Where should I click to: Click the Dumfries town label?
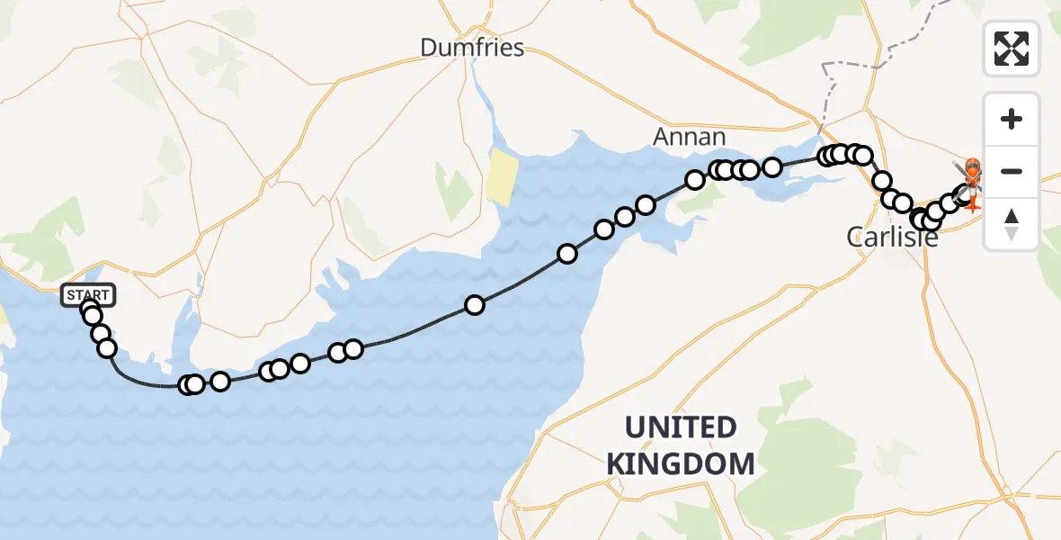pos(472,48)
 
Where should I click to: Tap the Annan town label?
pos(689,137)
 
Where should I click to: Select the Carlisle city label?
pos(893,238)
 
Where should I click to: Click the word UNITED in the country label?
pos(681,427)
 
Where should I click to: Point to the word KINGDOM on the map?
pos(681,463)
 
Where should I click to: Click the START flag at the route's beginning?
pos(88,294)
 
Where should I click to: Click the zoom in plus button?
pos(1012,120)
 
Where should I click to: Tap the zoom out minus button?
pos(1012,171)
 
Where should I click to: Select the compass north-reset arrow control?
pos(1012,223)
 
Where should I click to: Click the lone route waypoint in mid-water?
pos(475,305)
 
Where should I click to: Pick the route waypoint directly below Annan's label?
pos(695,180)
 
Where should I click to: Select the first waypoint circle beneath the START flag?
pos(90,310)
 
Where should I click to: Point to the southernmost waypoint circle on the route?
pos(188,385)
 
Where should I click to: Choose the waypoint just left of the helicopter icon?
pos(950,202)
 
